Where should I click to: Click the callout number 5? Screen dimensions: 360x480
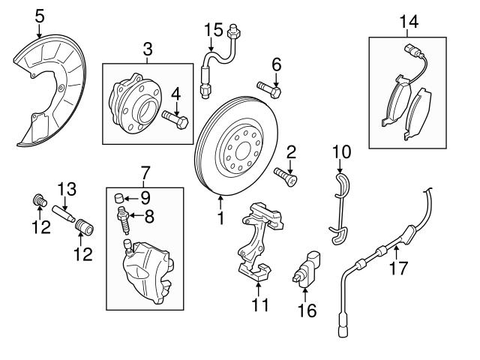coord(40,15)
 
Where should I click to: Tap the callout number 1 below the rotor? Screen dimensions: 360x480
coord(221,219)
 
